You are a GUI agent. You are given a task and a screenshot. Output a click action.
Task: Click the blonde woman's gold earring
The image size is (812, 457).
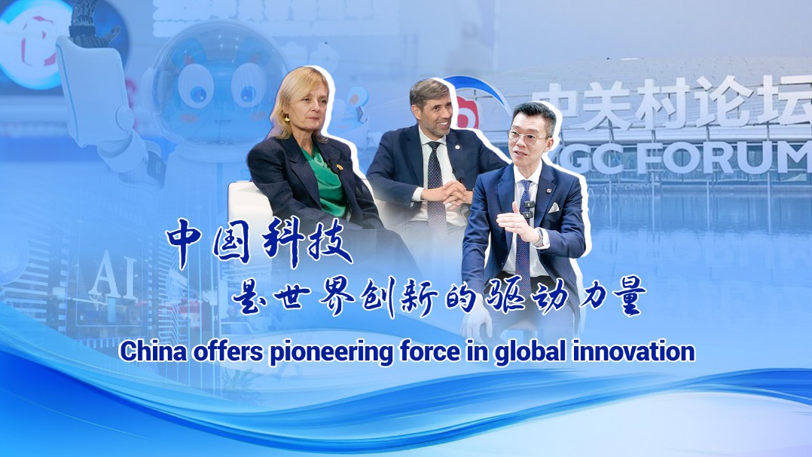[287, 118]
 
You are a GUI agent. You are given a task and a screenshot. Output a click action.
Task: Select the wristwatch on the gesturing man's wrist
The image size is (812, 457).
[540, 235]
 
